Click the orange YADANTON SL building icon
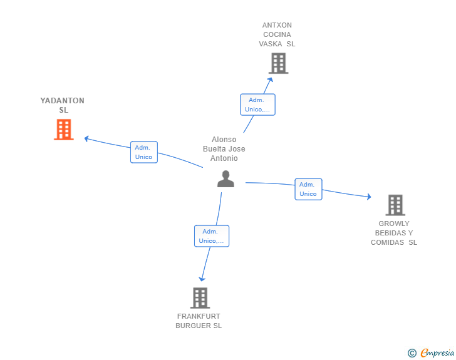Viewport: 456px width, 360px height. (63, 130)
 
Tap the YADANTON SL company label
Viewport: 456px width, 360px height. (63, 105)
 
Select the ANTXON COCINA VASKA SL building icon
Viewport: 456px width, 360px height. (278, 63)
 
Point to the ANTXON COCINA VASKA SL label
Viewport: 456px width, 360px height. (277, 35)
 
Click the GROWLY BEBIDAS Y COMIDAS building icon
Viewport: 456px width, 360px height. (395, 205)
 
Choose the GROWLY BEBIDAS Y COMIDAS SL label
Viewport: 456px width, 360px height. (394, 233)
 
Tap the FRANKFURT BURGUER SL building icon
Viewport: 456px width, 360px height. (200, 298)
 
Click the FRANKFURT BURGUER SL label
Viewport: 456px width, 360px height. (199, 321)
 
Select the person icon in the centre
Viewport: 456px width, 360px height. (225, 180)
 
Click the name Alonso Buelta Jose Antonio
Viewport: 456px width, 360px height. (224, 149)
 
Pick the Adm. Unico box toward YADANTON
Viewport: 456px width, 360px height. (144, 152)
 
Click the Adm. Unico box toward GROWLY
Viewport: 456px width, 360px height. (308, 189)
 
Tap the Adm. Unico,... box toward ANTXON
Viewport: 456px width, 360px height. (257, 105)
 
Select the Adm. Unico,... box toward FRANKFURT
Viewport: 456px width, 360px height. (212, 236)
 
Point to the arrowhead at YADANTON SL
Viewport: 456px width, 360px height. (87, 138)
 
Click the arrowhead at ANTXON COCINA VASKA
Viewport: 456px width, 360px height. (271, 79)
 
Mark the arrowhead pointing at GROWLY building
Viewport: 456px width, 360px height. (369, 197)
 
